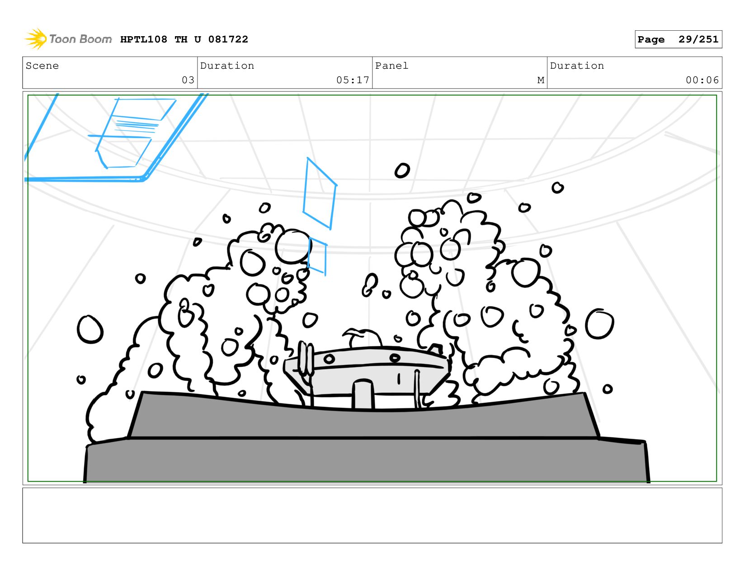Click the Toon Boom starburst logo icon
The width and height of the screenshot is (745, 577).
[x=36, y=39]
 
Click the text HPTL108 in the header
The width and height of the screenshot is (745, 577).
[x=144, y=39]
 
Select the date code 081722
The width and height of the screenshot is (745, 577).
[x=228, y=39]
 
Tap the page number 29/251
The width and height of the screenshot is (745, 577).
[x=698, y=39]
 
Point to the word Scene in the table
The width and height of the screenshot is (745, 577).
[x=42, y=66]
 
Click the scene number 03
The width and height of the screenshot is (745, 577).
[x=188, y=80]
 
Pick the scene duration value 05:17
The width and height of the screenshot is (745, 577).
[x=353, y=80]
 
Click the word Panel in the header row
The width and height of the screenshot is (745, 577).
[x=391, y=66]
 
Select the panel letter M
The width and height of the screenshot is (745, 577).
[x=541, y=80]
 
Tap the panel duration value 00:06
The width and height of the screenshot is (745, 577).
[x=702, y=80]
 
